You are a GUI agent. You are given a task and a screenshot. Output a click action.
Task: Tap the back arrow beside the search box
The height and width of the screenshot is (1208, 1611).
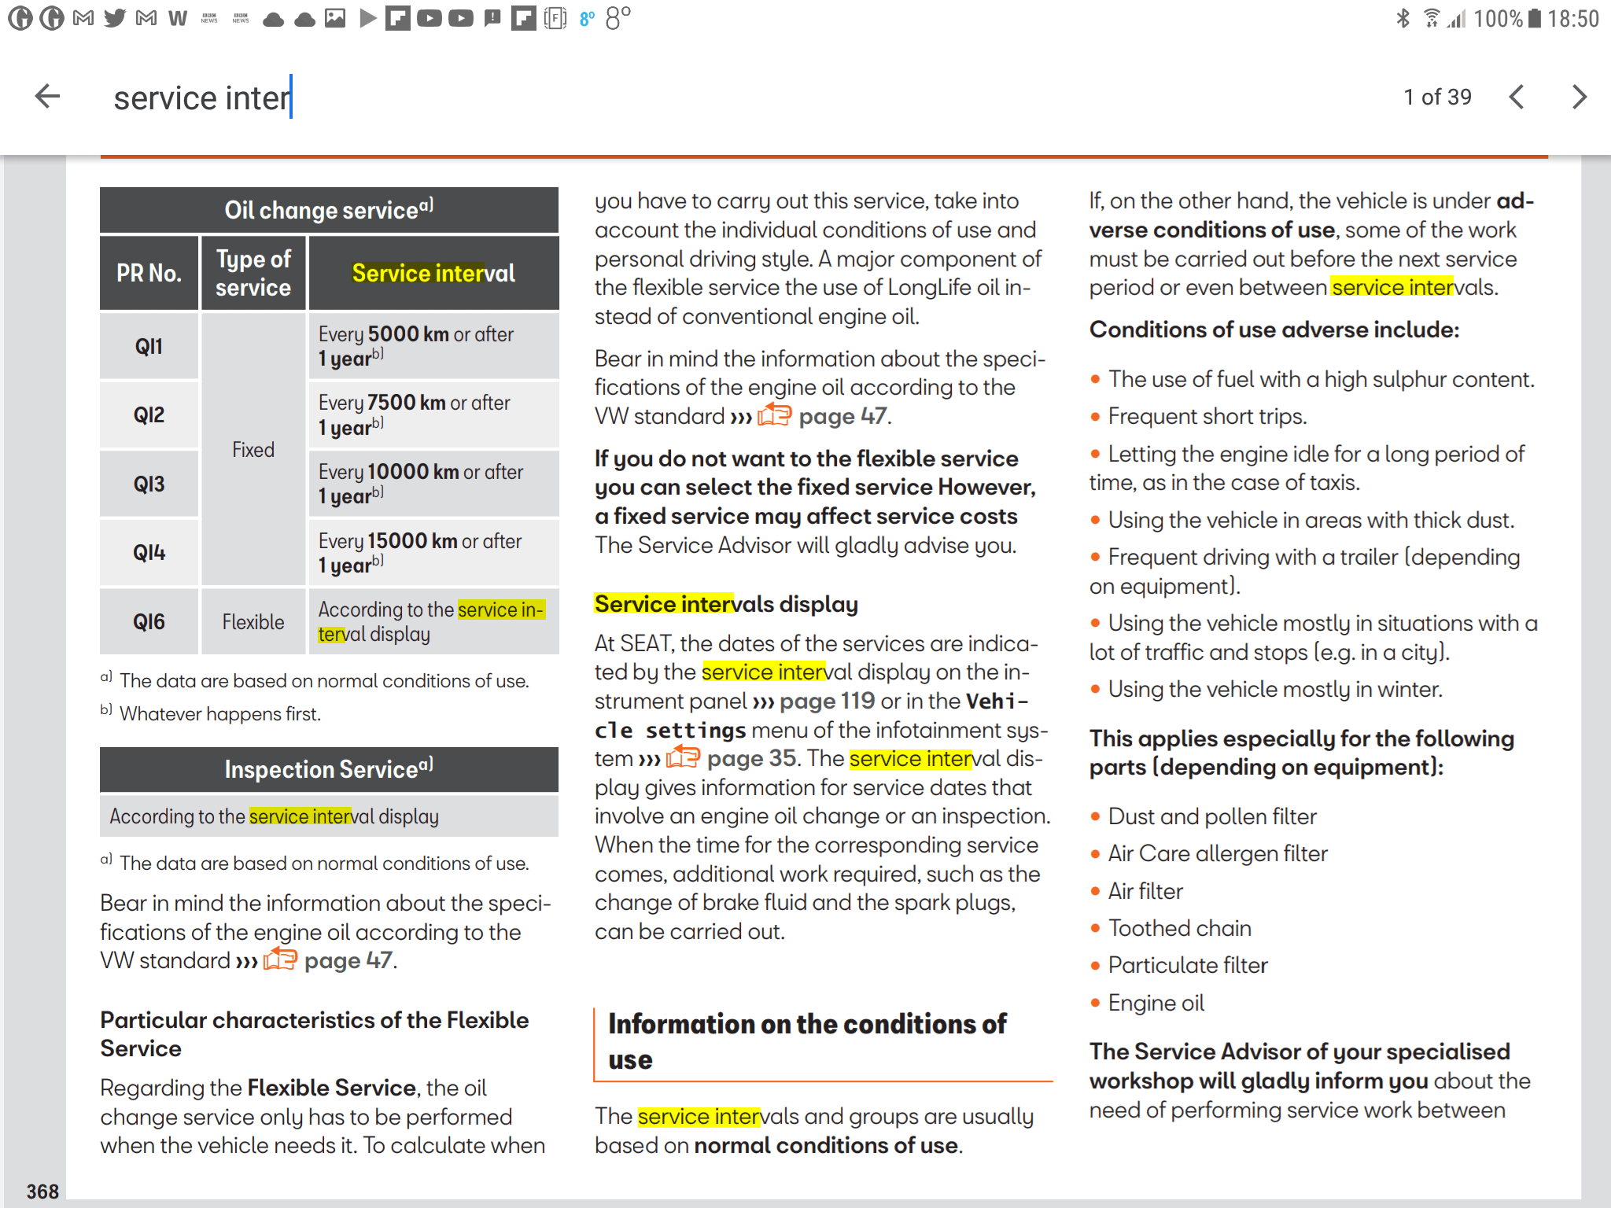click(48, 97)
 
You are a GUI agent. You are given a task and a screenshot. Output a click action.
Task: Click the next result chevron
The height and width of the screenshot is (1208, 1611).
click(1579, 97)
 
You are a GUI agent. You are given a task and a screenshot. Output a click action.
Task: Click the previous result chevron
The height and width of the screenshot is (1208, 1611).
click(1517, 97)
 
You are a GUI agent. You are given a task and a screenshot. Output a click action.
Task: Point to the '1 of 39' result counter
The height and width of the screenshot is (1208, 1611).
click(1437, 97)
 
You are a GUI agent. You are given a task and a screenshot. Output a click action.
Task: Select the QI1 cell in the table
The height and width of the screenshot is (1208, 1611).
click(149, 346)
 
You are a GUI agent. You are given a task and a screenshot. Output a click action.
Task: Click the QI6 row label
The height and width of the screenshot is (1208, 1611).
click(149, 622)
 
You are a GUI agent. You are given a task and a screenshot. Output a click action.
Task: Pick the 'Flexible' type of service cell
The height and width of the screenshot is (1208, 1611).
click(253, 622)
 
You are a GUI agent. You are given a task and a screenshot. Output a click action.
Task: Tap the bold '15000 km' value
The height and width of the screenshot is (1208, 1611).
click(412, 541)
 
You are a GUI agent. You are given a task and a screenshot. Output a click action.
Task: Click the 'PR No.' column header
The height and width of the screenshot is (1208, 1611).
click(149, 273)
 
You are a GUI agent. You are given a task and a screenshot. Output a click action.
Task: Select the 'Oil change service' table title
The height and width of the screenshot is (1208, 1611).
click(329, 209)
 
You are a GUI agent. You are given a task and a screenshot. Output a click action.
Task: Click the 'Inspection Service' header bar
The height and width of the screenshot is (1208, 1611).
click(329, 769)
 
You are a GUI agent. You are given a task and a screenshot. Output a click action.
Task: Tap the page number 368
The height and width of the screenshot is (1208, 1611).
click(42, 1191)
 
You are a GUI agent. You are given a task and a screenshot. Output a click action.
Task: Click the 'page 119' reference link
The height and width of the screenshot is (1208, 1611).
click(827, 701)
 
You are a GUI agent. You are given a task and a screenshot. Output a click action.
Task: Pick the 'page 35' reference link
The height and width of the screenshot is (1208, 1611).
click(751, 758)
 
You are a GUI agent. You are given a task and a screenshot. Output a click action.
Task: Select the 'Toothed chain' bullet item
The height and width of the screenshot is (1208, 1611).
click(1179, 928)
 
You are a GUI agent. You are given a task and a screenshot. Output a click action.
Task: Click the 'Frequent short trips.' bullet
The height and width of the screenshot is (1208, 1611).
click(1207, 416)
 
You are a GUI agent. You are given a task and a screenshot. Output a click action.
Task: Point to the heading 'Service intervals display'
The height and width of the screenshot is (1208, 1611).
click(725, 604)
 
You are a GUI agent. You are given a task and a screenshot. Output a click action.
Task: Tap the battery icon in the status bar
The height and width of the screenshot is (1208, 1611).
click(1535, 18)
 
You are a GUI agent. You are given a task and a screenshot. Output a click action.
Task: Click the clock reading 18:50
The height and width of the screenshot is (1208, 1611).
click(1573, 18)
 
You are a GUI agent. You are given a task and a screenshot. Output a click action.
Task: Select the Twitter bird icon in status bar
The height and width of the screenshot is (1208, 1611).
click(115, 17)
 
